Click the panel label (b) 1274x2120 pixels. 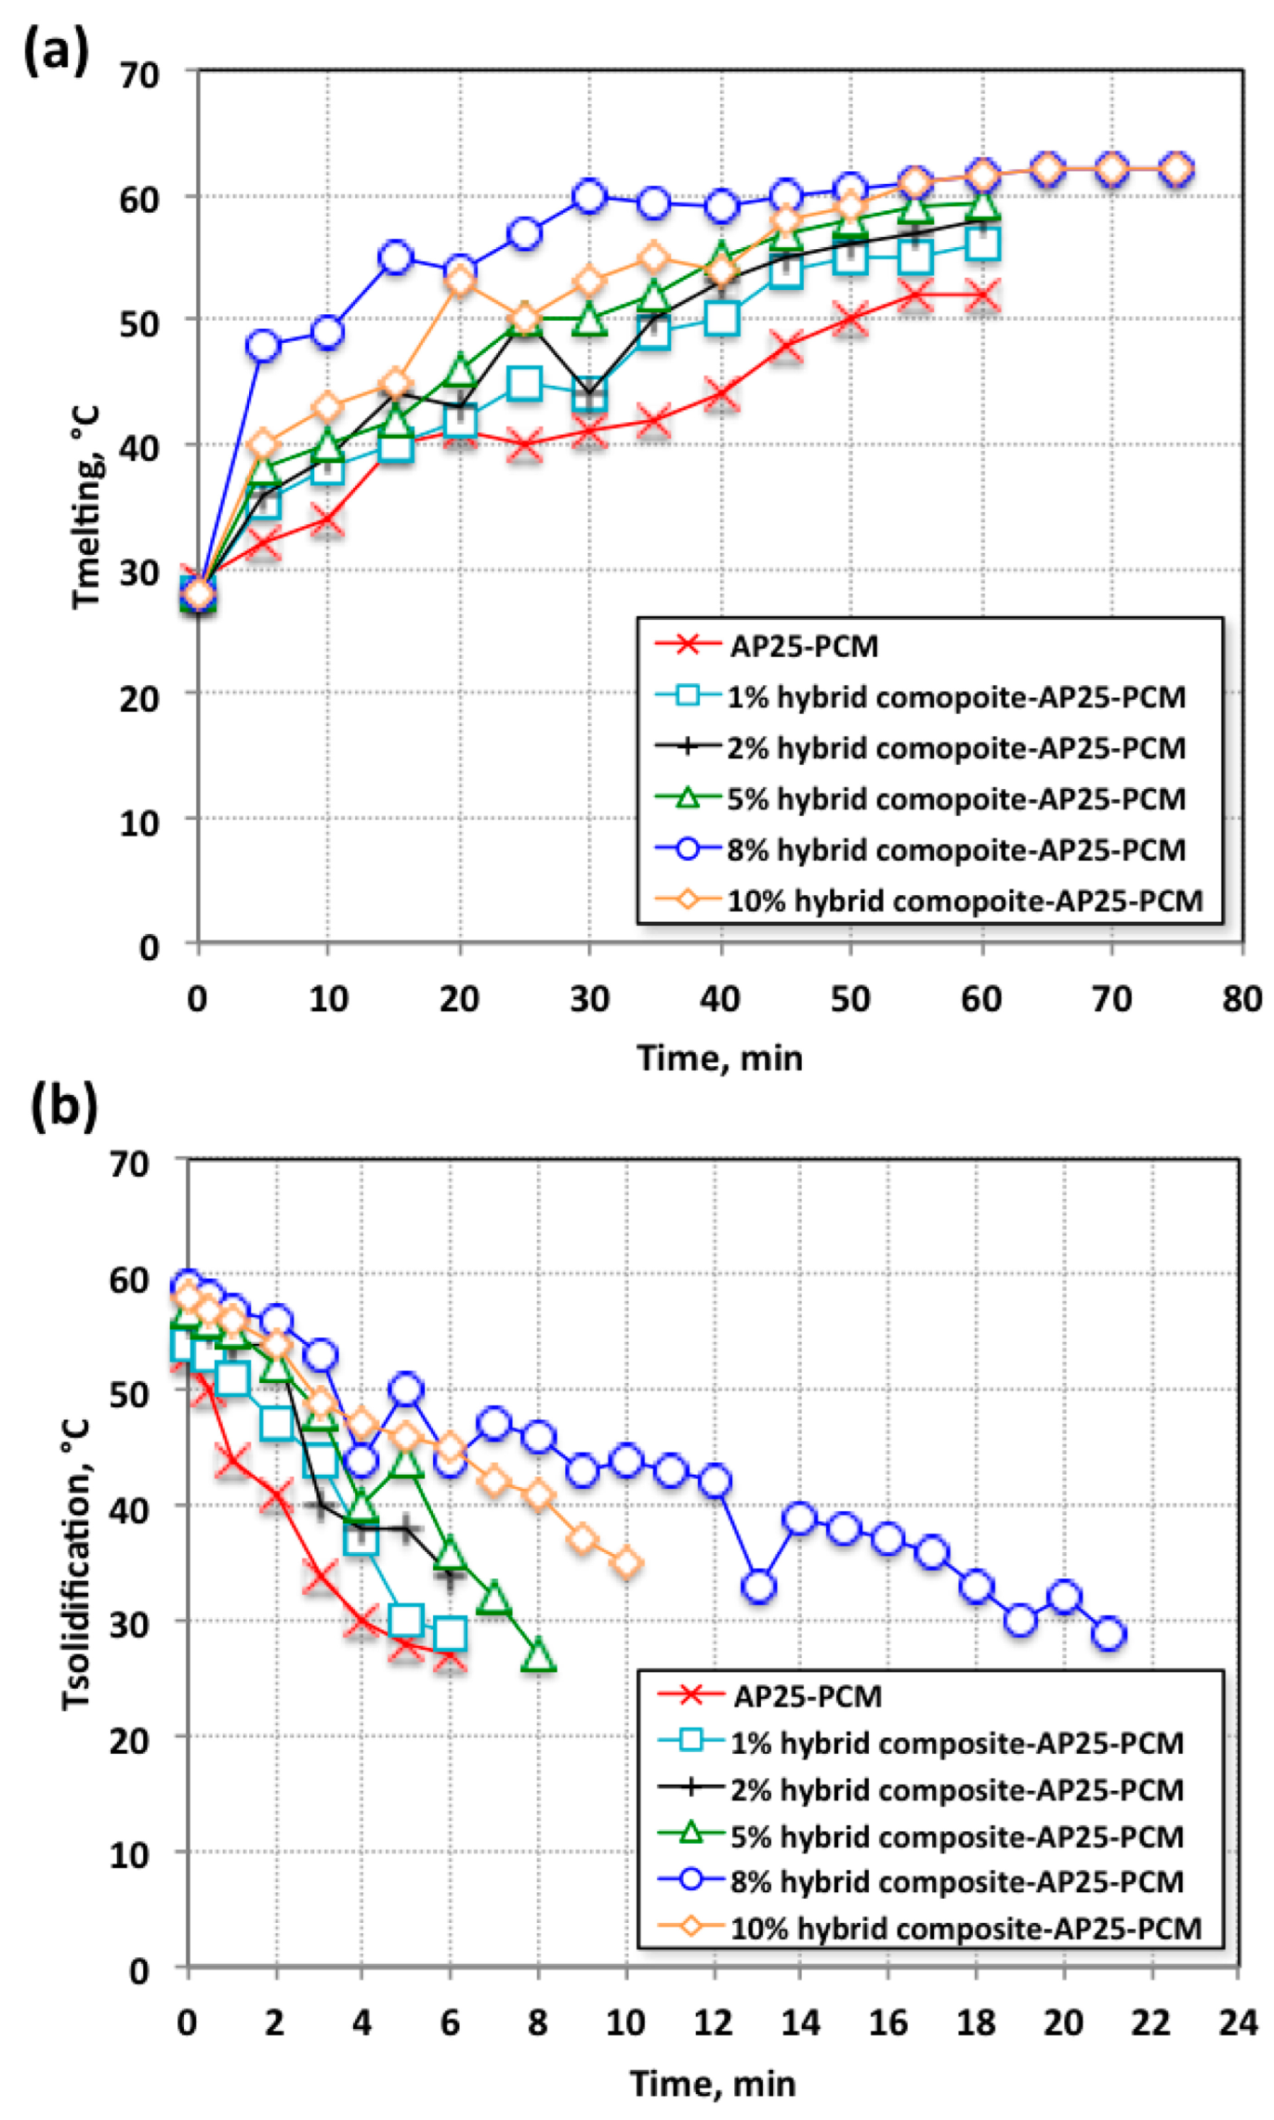[62, 1108]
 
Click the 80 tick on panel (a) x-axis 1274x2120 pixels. [1241, 1000]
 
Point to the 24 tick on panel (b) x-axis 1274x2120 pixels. [1238, 2022]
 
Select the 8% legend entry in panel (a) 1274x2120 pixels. [955, 849]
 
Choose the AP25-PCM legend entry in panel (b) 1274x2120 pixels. [807, 1696]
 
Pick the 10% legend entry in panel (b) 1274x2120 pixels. [965, 1929]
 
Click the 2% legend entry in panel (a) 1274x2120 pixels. [955, 747]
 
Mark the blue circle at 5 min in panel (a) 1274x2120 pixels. [263, 346]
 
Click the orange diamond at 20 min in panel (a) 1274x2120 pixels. [460, 281]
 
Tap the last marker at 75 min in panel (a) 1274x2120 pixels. [1176, 169]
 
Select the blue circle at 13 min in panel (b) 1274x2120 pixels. [759, 1587]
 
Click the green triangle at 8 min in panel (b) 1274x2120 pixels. [539, 1656]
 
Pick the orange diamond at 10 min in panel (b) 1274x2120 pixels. [627, 1563]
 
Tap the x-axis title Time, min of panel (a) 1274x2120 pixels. [719, 1058]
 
